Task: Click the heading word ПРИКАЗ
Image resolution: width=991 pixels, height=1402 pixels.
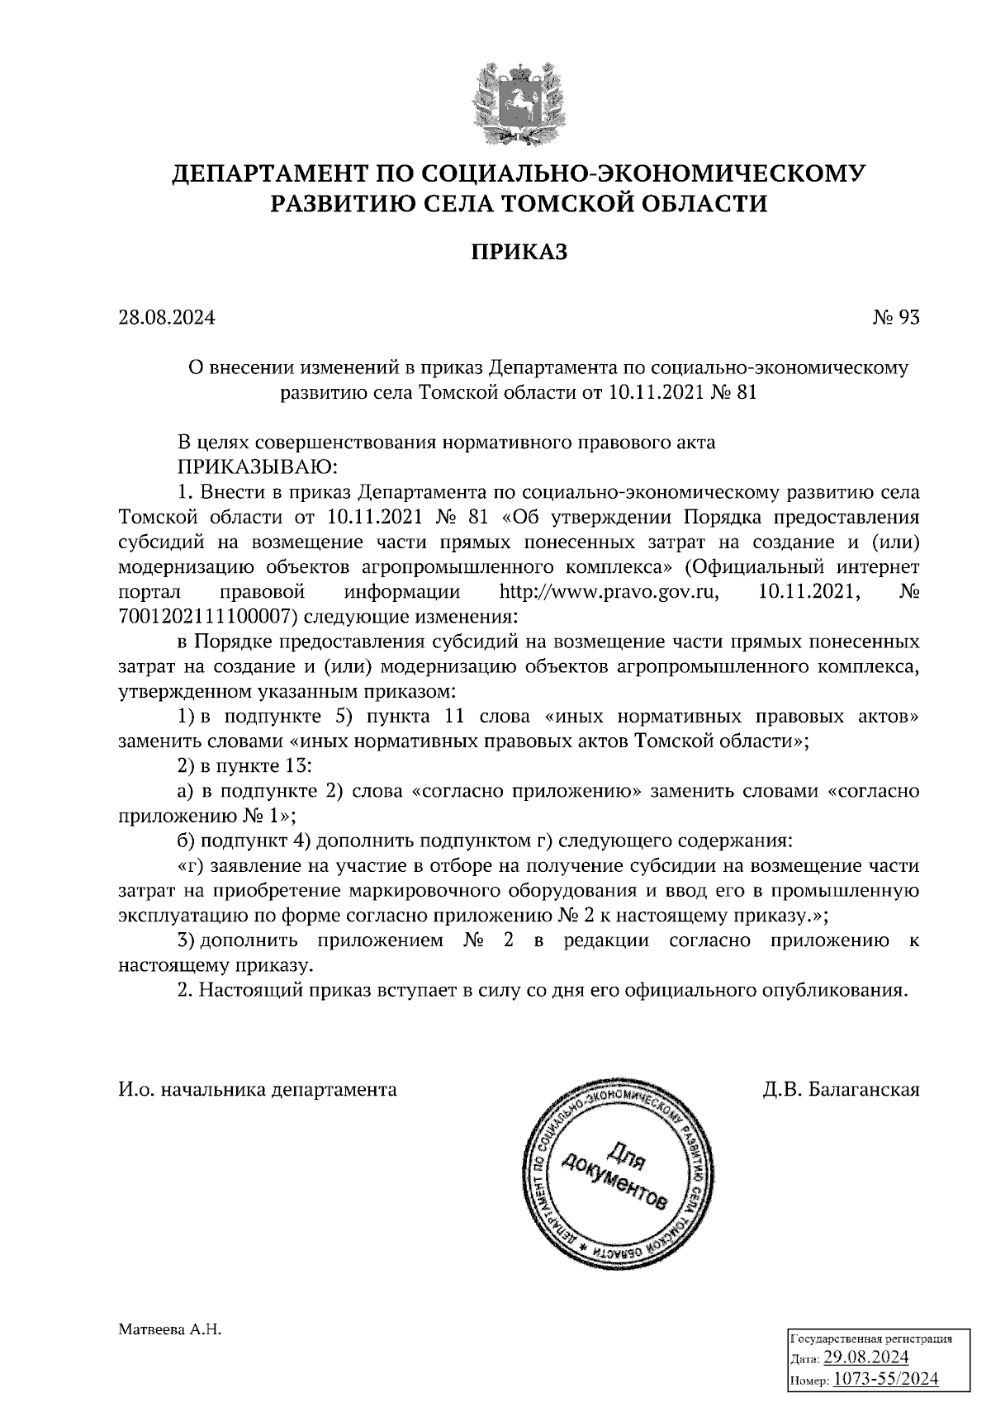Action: coord(519,251)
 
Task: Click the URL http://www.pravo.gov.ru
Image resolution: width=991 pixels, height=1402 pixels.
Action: coord(606,592)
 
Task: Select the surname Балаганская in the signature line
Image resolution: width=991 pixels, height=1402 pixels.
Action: coord(865,1089)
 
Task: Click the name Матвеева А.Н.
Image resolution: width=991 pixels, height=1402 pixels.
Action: coord(171,1330)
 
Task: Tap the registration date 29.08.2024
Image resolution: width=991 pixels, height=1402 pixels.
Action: coord(866,1358)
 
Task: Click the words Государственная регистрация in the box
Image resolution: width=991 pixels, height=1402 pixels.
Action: coord(873,1338)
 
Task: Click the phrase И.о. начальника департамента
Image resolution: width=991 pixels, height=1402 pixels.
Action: coord(257,1089)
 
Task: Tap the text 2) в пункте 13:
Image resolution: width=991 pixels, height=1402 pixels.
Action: coord(244,765)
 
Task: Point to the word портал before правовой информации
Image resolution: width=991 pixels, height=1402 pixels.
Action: coord(145,592)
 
